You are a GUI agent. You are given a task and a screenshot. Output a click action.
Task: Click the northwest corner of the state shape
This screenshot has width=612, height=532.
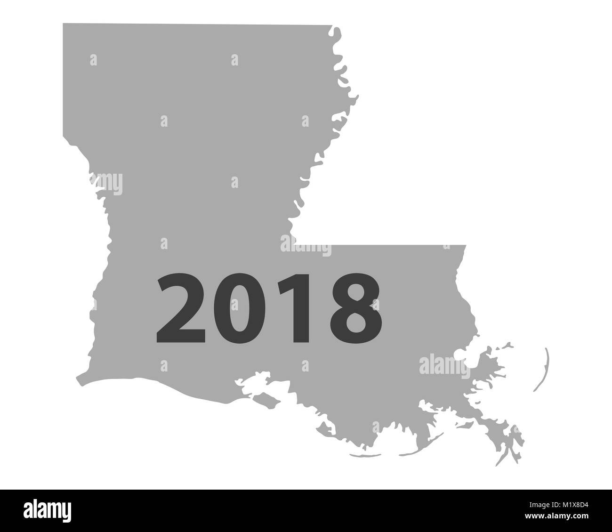(x=64, y=24)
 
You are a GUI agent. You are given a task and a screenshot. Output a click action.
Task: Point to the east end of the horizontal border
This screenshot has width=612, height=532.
(x=465, y=245)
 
